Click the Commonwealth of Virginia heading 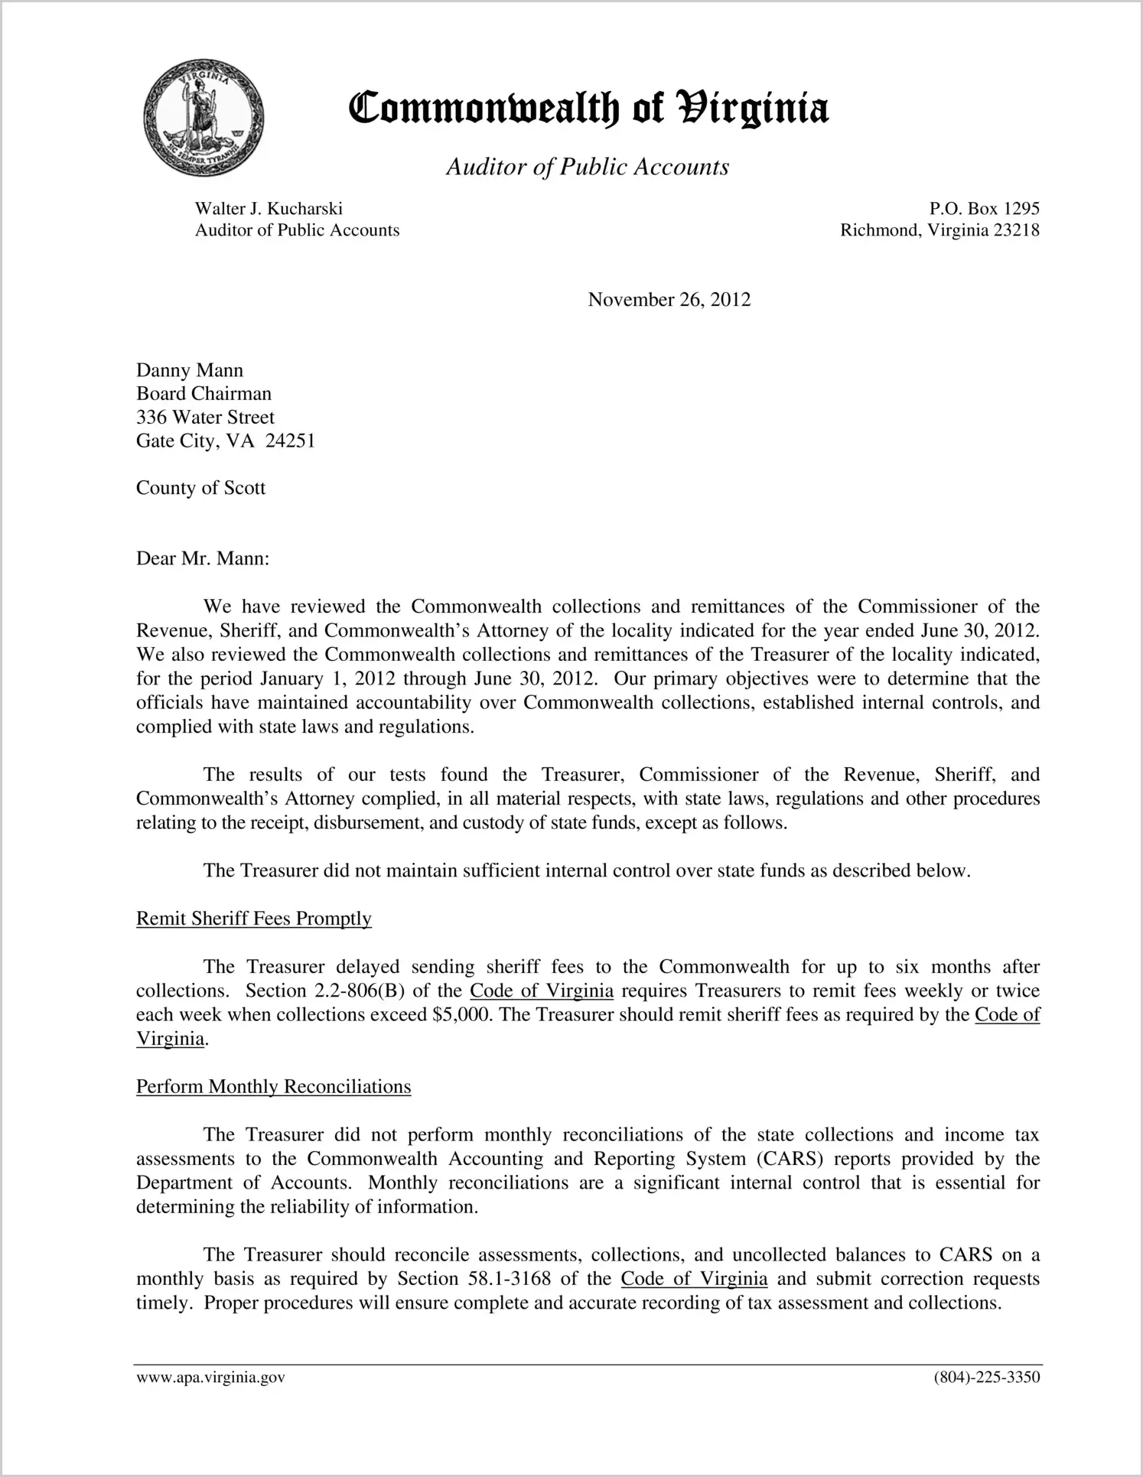[588, 109]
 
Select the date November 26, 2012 [669, 300]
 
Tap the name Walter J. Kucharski [269, 209]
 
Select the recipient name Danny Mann [190, 370]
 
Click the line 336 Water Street [205, 418]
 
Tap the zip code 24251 [290, 441]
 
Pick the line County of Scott [200, 488]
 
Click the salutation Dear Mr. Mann [203, 558]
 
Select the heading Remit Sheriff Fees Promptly [254, 919]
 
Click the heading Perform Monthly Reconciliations [273, 1087]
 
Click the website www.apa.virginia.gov [210, 1378]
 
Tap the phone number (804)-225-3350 [986, 1378]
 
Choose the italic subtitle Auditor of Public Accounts [588, 167]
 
